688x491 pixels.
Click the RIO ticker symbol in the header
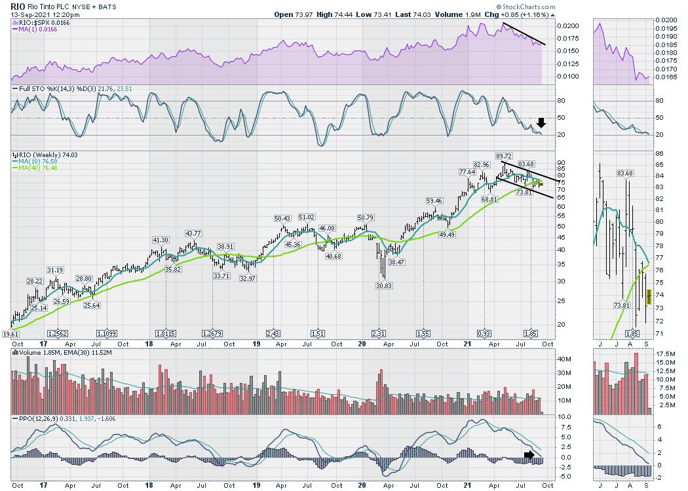point(17,5)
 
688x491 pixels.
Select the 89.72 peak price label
point(504,156)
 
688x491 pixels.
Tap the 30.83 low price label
point(379,285)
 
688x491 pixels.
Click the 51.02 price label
point(306,217)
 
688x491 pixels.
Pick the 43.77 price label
point(193,233)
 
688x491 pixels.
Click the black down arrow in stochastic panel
point(541,122)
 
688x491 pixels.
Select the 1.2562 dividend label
point(58,333)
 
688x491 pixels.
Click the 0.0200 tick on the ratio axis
point(568,26)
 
